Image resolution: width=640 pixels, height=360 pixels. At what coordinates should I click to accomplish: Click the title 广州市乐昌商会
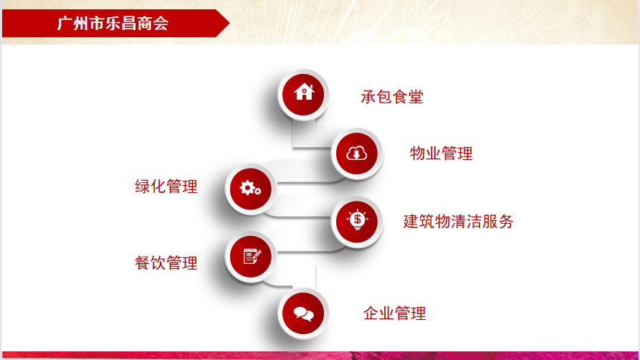tap(113, 23)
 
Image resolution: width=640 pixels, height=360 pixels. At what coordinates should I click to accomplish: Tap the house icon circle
tap(303, 95)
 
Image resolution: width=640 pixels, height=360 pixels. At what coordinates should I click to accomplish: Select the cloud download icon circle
tap(357, 153)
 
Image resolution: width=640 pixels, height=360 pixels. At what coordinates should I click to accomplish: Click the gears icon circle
tap(251, 189)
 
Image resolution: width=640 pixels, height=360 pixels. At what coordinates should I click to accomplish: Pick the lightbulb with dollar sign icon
tap(357, 221)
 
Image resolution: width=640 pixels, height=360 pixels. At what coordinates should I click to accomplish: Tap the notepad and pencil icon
tap(252, 256)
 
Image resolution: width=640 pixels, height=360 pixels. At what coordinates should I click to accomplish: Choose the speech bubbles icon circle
tap(303, 313)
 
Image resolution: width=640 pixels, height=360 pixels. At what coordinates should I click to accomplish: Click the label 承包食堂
tap(392, 98)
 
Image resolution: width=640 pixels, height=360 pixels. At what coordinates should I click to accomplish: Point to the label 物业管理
tap(441, 153)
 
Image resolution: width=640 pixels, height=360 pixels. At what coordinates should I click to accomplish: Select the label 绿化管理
tap(166, 186)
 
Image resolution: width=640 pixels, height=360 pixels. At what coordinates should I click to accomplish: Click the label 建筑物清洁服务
tap(459, 222)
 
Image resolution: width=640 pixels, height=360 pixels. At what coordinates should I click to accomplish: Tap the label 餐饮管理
tap(166, 262)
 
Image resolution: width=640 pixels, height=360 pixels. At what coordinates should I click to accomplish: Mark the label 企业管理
tap(395, 313)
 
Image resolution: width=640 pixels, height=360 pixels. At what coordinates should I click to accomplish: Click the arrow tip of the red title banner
tap(229, 23)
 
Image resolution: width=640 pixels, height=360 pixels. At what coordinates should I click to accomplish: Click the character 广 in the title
tap(65, 23)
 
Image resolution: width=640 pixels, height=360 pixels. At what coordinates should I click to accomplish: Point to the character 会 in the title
tap(161, 23)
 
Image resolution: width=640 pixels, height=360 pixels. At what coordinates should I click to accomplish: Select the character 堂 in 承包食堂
tap(416, 98)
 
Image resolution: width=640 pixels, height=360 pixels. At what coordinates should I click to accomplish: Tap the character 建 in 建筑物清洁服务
tap(411, 222)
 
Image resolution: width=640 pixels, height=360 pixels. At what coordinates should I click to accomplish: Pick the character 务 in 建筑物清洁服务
tap(506, 222)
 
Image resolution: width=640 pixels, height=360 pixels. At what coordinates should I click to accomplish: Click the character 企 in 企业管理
tap(371, 313)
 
